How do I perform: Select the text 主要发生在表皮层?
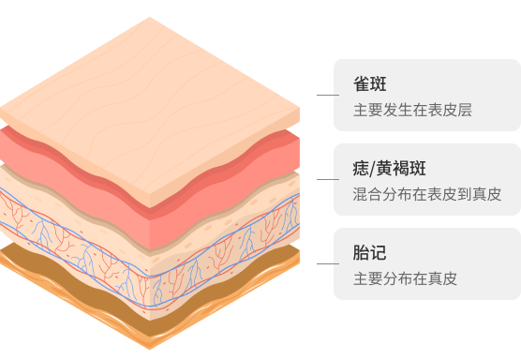click(x=411, y=110)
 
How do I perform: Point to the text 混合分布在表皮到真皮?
click(x=427, y=194)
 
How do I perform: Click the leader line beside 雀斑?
click(x=327, y=96)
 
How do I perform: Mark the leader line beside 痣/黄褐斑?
click(x=327, y=178)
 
